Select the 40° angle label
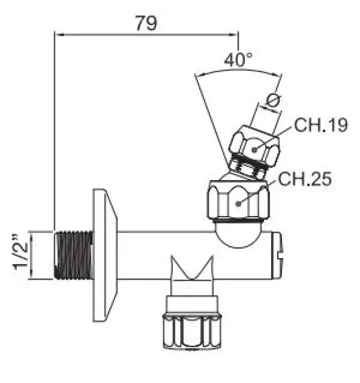(238, 60)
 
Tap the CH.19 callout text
(321, 125)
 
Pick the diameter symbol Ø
(273, 101)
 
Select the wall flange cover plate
(102, 254)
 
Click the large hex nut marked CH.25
(238, 203)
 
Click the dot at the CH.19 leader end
(255, 149)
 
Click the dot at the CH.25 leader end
(238, 203)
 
